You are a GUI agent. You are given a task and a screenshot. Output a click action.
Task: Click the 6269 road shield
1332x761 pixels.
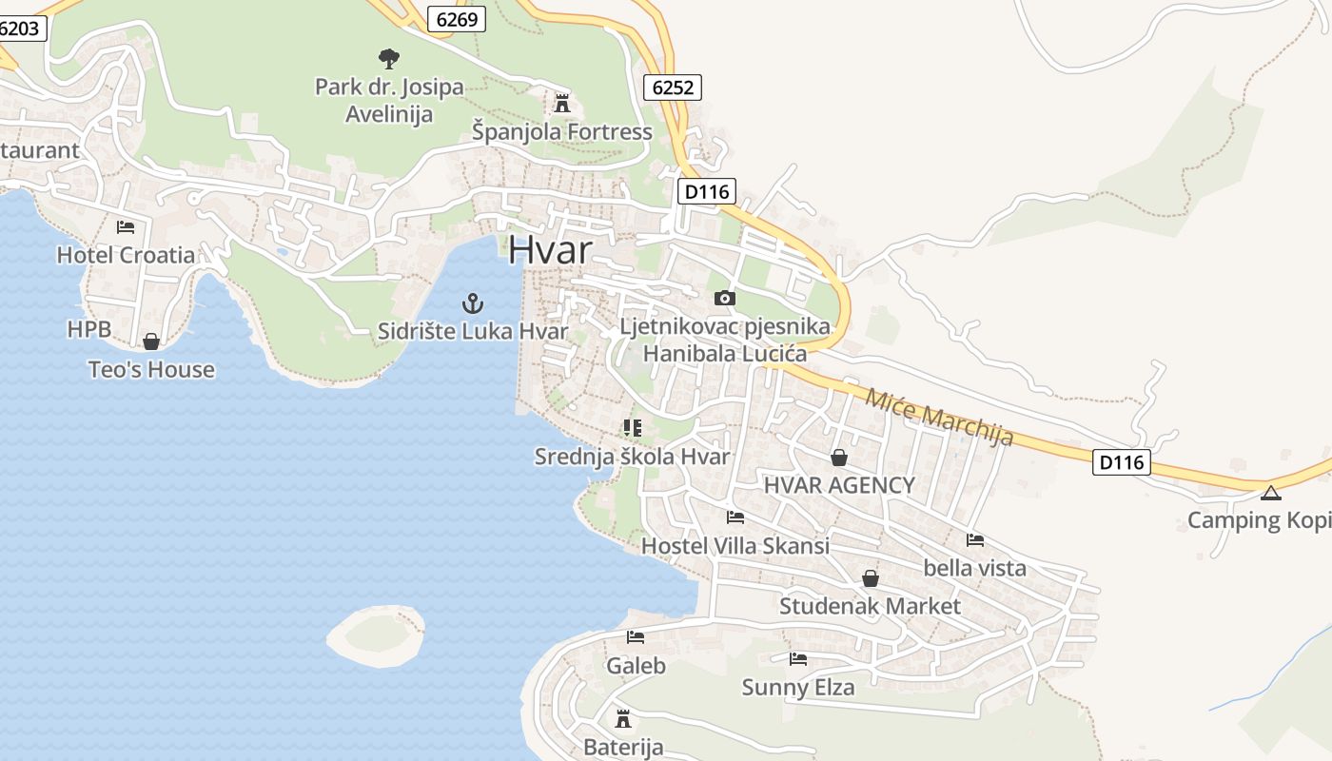(x=457, y=19)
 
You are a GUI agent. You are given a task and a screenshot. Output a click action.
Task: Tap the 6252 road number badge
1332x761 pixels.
(x=673, y=88)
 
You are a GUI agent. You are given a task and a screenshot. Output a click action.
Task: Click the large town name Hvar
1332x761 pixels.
(x=550, y=249)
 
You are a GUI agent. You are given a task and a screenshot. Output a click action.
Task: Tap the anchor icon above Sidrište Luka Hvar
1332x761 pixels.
(x=473, y=304)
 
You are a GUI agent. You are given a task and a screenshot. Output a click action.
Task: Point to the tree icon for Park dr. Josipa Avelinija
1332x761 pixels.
(x=388, y=59)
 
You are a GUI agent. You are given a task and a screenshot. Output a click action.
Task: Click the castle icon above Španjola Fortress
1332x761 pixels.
(x=562, y=103)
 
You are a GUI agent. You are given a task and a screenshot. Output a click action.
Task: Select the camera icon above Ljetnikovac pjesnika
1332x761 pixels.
(x=724, y=299)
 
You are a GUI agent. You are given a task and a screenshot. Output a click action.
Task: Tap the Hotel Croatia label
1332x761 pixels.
(x=126, y=255)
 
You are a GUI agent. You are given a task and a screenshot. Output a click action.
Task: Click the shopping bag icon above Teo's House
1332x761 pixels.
(x=150, y=341)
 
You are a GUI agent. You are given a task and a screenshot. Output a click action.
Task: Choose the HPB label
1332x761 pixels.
(x=88, y=330)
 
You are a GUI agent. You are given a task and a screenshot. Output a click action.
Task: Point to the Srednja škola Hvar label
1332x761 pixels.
(x=632, y=457)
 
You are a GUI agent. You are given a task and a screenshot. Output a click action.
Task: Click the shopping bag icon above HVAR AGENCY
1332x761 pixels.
(x=838, y=458)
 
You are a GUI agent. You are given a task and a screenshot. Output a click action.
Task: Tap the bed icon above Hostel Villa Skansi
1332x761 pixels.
(x=735, y=517)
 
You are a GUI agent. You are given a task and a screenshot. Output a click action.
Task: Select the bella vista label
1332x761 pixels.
(x=974, y=569)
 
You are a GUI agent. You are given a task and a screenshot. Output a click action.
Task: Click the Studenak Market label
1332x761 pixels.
(x=870, y=606)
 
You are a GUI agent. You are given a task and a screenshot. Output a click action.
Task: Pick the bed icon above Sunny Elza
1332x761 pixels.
(x=797, y=658)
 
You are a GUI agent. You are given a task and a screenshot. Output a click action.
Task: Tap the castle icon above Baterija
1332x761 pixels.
(x=623, y=718)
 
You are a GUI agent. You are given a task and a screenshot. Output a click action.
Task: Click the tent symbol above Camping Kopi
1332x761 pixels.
(x=1270, y=493)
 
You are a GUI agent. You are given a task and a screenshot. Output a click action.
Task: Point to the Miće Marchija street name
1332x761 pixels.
(x=938, y=418)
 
